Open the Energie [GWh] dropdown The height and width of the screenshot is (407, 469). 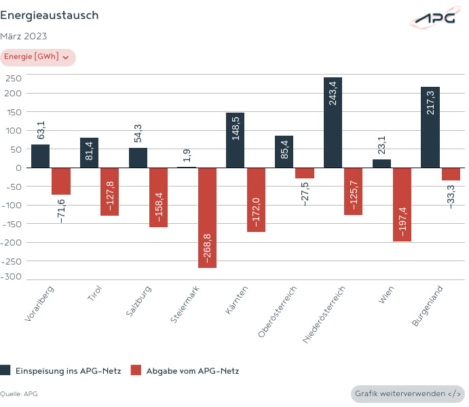click(37, 57)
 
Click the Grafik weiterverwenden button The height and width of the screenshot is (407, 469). click(408, 393)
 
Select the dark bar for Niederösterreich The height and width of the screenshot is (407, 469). click(333, 122)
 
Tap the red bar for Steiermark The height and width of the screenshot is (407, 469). click(207, 217)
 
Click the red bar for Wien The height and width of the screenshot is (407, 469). click(402, 204)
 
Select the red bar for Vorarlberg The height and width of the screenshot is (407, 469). click(61, 180)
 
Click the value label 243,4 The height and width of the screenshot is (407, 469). click(333, 91)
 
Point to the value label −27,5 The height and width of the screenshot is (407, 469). click(305, 193)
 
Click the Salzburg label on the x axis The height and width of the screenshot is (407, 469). click(140, 306)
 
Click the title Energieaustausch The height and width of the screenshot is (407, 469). click(49, 15)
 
